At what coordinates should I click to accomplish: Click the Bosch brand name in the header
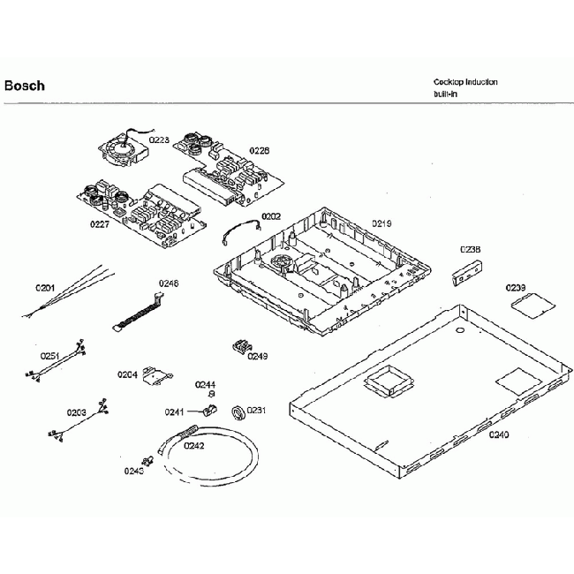pyautogui.click(x=24, y=87)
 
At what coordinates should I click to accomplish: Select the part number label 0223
pyautogui.click(x=159, y=140)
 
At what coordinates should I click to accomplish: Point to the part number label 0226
pyautogui.click(x=259, y=151)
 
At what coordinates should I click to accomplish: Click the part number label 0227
pyautogui.click(x=99, y=223)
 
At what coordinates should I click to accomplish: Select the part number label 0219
pyautogui.click(x=381, y=223)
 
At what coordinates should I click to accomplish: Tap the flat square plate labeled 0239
pyautogui.click(x=526, y=305)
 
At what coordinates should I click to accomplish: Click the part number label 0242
pyautogui.click(x=193, y=445)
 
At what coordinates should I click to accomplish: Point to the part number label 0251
pyautogui.click(x=49, y=356)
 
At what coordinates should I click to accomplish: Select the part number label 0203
pyautogui.click(x=76, y=412)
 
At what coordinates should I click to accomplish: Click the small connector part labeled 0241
pyautogui.click(x=209, y=411)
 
